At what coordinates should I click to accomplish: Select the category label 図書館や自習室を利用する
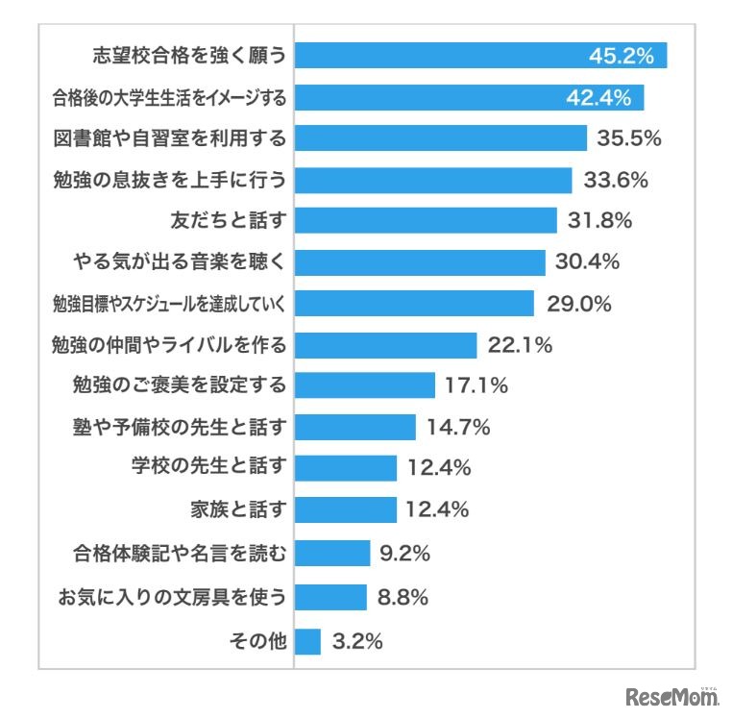(170, 138)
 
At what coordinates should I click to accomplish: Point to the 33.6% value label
(610, 180)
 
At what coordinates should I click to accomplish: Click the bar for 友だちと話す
(426, 220)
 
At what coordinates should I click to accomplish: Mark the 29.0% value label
(578, 304)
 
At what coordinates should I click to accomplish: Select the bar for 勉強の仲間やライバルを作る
(385, 345)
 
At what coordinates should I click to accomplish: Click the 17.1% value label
(476, 386)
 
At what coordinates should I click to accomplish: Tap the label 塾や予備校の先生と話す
(181, 427)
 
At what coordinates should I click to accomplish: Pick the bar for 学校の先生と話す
(345, 468)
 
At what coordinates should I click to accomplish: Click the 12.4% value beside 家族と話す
(437, 509)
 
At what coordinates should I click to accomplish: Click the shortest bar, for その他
(307, 641)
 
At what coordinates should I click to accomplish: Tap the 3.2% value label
(356, 641)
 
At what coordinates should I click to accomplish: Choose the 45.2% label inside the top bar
(621, 56)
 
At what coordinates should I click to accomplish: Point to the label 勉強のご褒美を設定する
(180, 386)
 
